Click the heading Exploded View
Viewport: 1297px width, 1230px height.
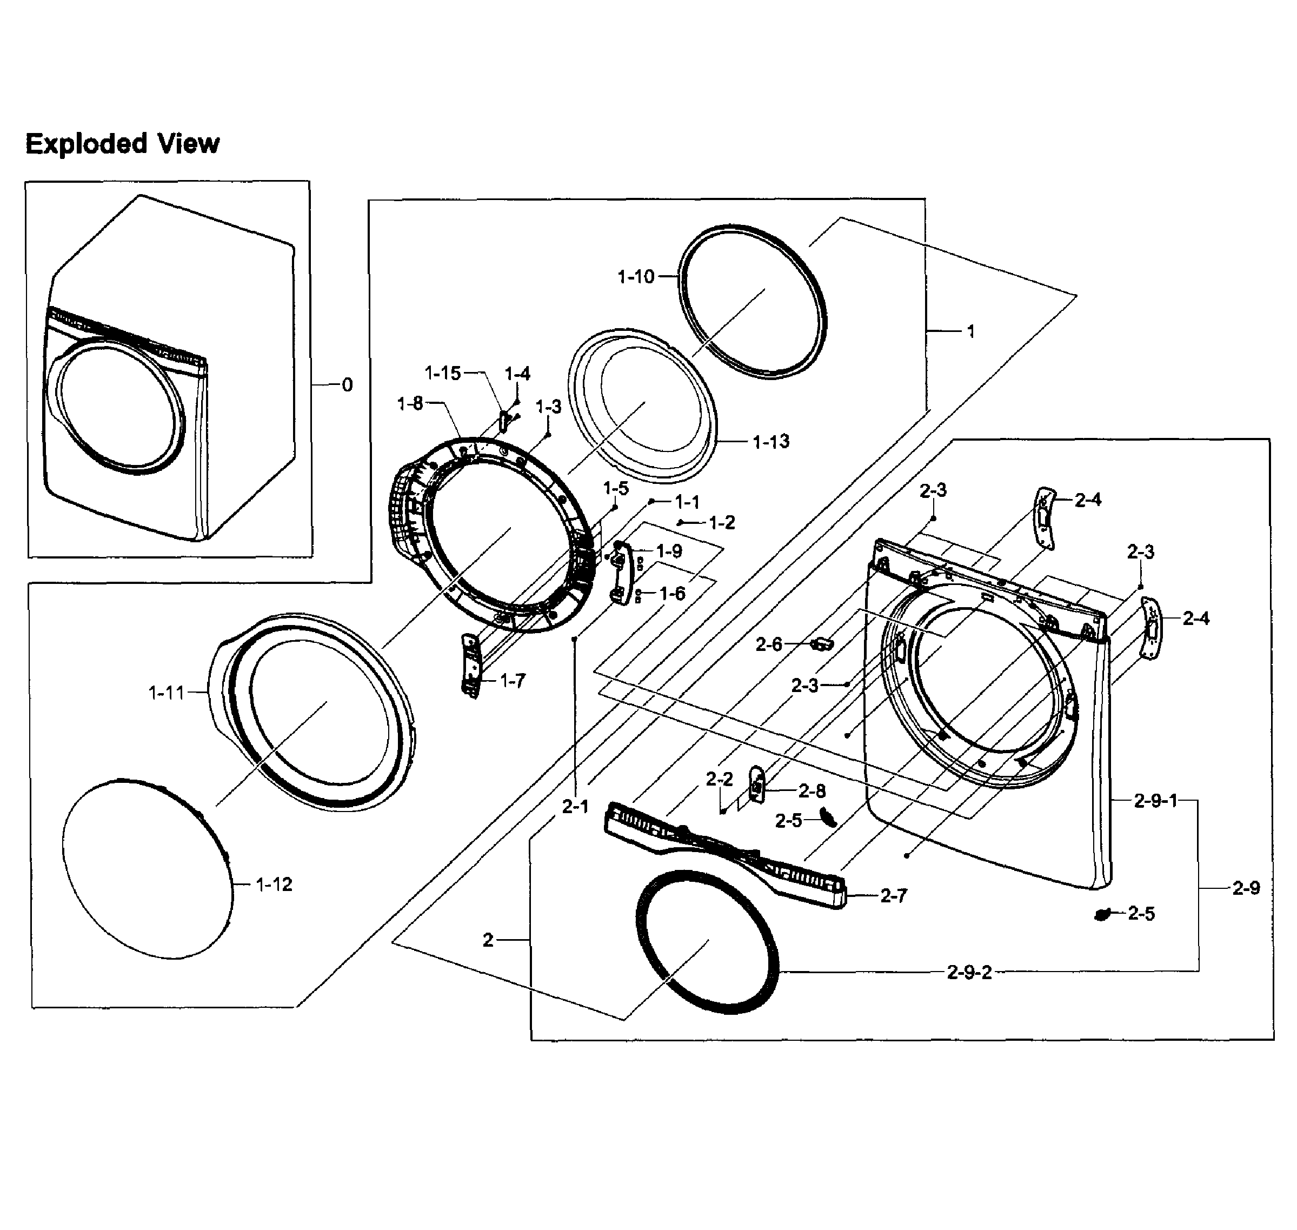click(122, 144)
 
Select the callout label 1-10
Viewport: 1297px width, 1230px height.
click(635, 277)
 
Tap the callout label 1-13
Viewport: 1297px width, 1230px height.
click(770, 442)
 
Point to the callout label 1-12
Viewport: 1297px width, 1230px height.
click(274, 885)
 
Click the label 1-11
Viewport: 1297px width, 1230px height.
click(167, 693)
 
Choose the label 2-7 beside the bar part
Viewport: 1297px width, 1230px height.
click(893, 896)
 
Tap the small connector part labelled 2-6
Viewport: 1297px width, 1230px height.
click(822, 644)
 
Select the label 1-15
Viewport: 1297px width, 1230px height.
click(443, 373)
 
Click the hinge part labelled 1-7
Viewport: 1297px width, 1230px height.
click(470, 666)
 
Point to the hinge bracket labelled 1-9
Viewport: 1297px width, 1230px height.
click(621, 574)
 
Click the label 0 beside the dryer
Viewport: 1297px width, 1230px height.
click(348, 385)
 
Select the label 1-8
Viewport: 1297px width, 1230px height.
click(410, 404)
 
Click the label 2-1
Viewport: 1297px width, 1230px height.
click(575, 807)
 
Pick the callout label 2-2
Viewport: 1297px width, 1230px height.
click(719, 779)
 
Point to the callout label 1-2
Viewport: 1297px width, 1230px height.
click(721, 523)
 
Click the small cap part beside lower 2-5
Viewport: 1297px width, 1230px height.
click(1103, 914)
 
